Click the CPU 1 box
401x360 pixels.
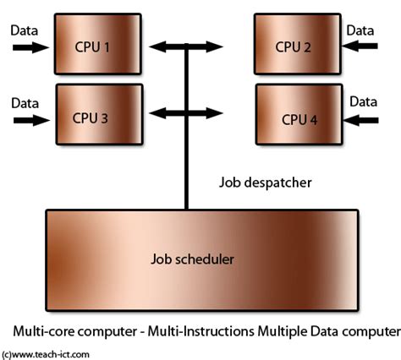(92, 46)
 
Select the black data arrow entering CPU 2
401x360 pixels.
(360, 48)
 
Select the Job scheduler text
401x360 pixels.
(200, 258)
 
